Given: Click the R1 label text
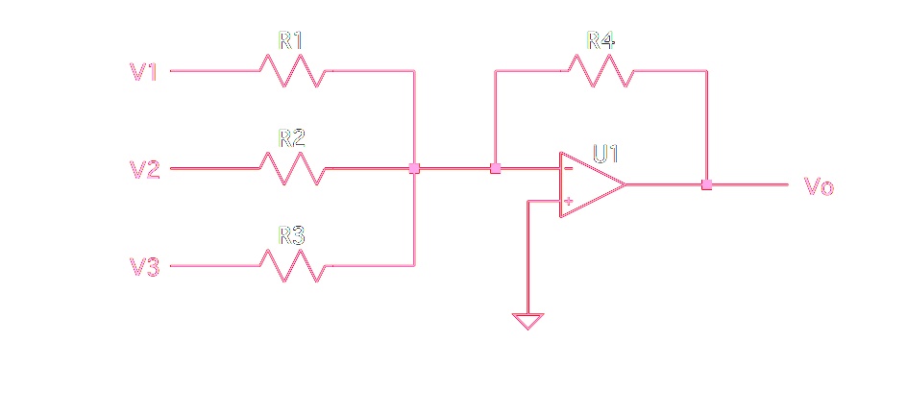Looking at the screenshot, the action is pos(291,40).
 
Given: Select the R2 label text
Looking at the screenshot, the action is pos(291,138).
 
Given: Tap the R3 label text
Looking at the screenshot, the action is pos(291,235).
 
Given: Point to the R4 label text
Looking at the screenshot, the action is pos(601,40).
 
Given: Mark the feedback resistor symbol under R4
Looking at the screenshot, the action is pos(601,70).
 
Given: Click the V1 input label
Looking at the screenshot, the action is pos(143,72).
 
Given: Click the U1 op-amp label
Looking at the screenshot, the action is pos(605,155).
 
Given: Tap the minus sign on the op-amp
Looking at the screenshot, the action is pos(569,169).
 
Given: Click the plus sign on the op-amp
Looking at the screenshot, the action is pos(569,201).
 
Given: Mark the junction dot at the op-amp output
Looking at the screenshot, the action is pos(706,185).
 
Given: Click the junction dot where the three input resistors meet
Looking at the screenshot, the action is pos(414,168).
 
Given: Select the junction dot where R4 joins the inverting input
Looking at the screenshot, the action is pos(495,168).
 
